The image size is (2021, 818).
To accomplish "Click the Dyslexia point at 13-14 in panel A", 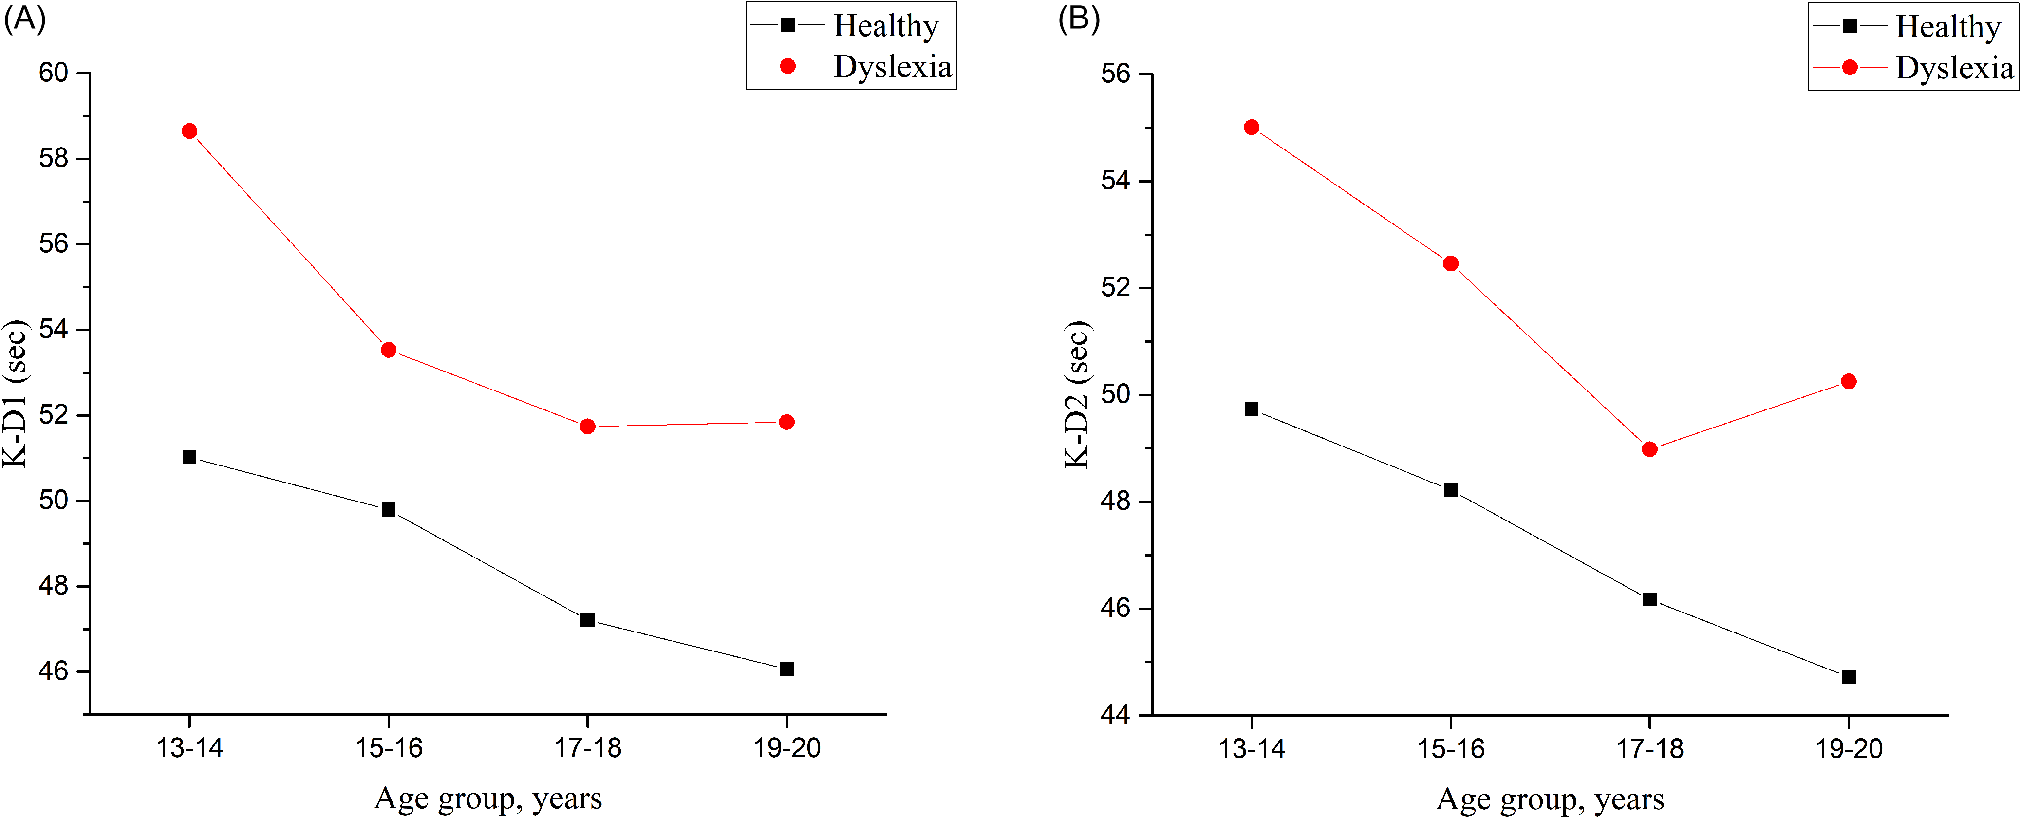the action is click(x=189, y=131).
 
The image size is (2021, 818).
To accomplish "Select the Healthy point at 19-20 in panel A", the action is click(x=786, y=669).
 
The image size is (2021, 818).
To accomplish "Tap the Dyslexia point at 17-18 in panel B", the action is click(x=1649, y=449).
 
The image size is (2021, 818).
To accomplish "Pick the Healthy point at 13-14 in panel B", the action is click(x=1252, y=409).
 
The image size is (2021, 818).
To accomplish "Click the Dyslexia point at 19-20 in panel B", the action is click(x=1849, y=382).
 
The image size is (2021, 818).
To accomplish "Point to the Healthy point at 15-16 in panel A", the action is click(x=388, y=510).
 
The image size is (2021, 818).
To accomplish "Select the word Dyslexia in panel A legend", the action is click(x=893, y=68).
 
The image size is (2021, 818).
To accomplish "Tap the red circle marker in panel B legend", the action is click(x=1849, y=68).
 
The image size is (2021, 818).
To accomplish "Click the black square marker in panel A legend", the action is click(x=787, y=26).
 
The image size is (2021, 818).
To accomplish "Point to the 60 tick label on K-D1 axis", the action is click(x=54, y=73).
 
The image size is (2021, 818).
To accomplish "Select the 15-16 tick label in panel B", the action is click(x=1451, y=749).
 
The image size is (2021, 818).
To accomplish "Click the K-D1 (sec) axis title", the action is click(x=15, y=394).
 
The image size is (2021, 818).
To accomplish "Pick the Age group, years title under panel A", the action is click(x=488, y=799).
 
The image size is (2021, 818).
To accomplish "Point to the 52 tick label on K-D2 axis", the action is click(x=1116, y=287).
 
